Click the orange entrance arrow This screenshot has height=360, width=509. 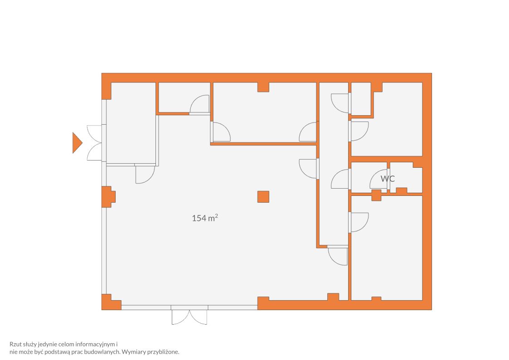coord(77,143)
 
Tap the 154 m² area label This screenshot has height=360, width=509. coord(205,218)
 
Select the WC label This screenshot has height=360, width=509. coord(388,179)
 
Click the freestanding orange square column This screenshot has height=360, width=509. coord(263,197)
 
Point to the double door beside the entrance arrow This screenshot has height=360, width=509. coord(95,143)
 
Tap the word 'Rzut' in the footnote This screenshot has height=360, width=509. coord(15,344)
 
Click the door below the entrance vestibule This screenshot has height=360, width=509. coord(145,174)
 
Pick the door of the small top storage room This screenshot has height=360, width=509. coord(199,105)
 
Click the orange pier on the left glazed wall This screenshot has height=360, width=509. coord(108,197)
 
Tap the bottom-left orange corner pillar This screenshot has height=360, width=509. coord(111,302)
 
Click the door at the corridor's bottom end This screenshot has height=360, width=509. coord(338,256)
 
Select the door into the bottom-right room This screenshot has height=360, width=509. coord(359,222)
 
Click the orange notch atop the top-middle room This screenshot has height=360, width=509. coord(263,87)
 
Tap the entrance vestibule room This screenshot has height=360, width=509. coord(131,123)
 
